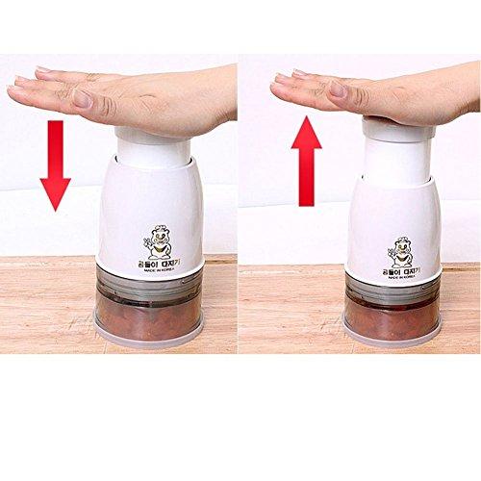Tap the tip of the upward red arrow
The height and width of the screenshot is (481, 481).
(309, 116)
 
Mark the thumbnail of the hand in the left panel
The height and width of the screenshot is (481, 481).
(82, 97)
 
